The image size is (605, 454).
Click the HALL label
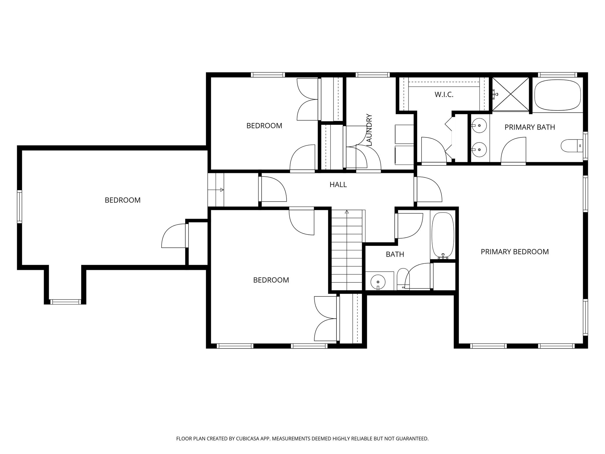coord(338,185)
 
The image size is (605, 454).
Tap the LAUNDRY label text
coord(369,130)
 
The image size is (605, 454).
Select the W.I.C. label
coord(444,95)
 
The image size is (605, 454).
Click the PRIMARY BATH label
coord(529,127)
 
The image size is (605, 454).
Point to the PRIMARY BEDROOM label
coord(515,252)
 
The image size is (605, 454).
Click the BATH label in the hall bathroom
coord(395,254)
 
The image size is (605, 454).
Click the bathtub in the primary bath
coord(557,95)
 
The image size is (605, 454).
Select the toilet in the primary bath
coord(570,146)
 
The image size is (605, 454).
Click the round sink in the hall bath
coord(378,281)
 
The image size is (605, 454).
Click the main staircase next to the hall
coord(347,251)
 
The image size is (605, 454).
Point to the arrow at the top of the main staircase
coord(347,212)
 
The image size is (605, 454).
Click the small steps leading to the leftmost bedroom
coord(216,190)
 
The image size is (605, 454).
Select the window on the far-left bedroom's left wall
coord(19,206)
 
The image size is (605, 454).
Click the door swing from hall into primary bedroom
coord(428,189)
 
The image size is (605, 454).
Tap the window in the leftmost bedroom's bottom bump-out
coord(65,301)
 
